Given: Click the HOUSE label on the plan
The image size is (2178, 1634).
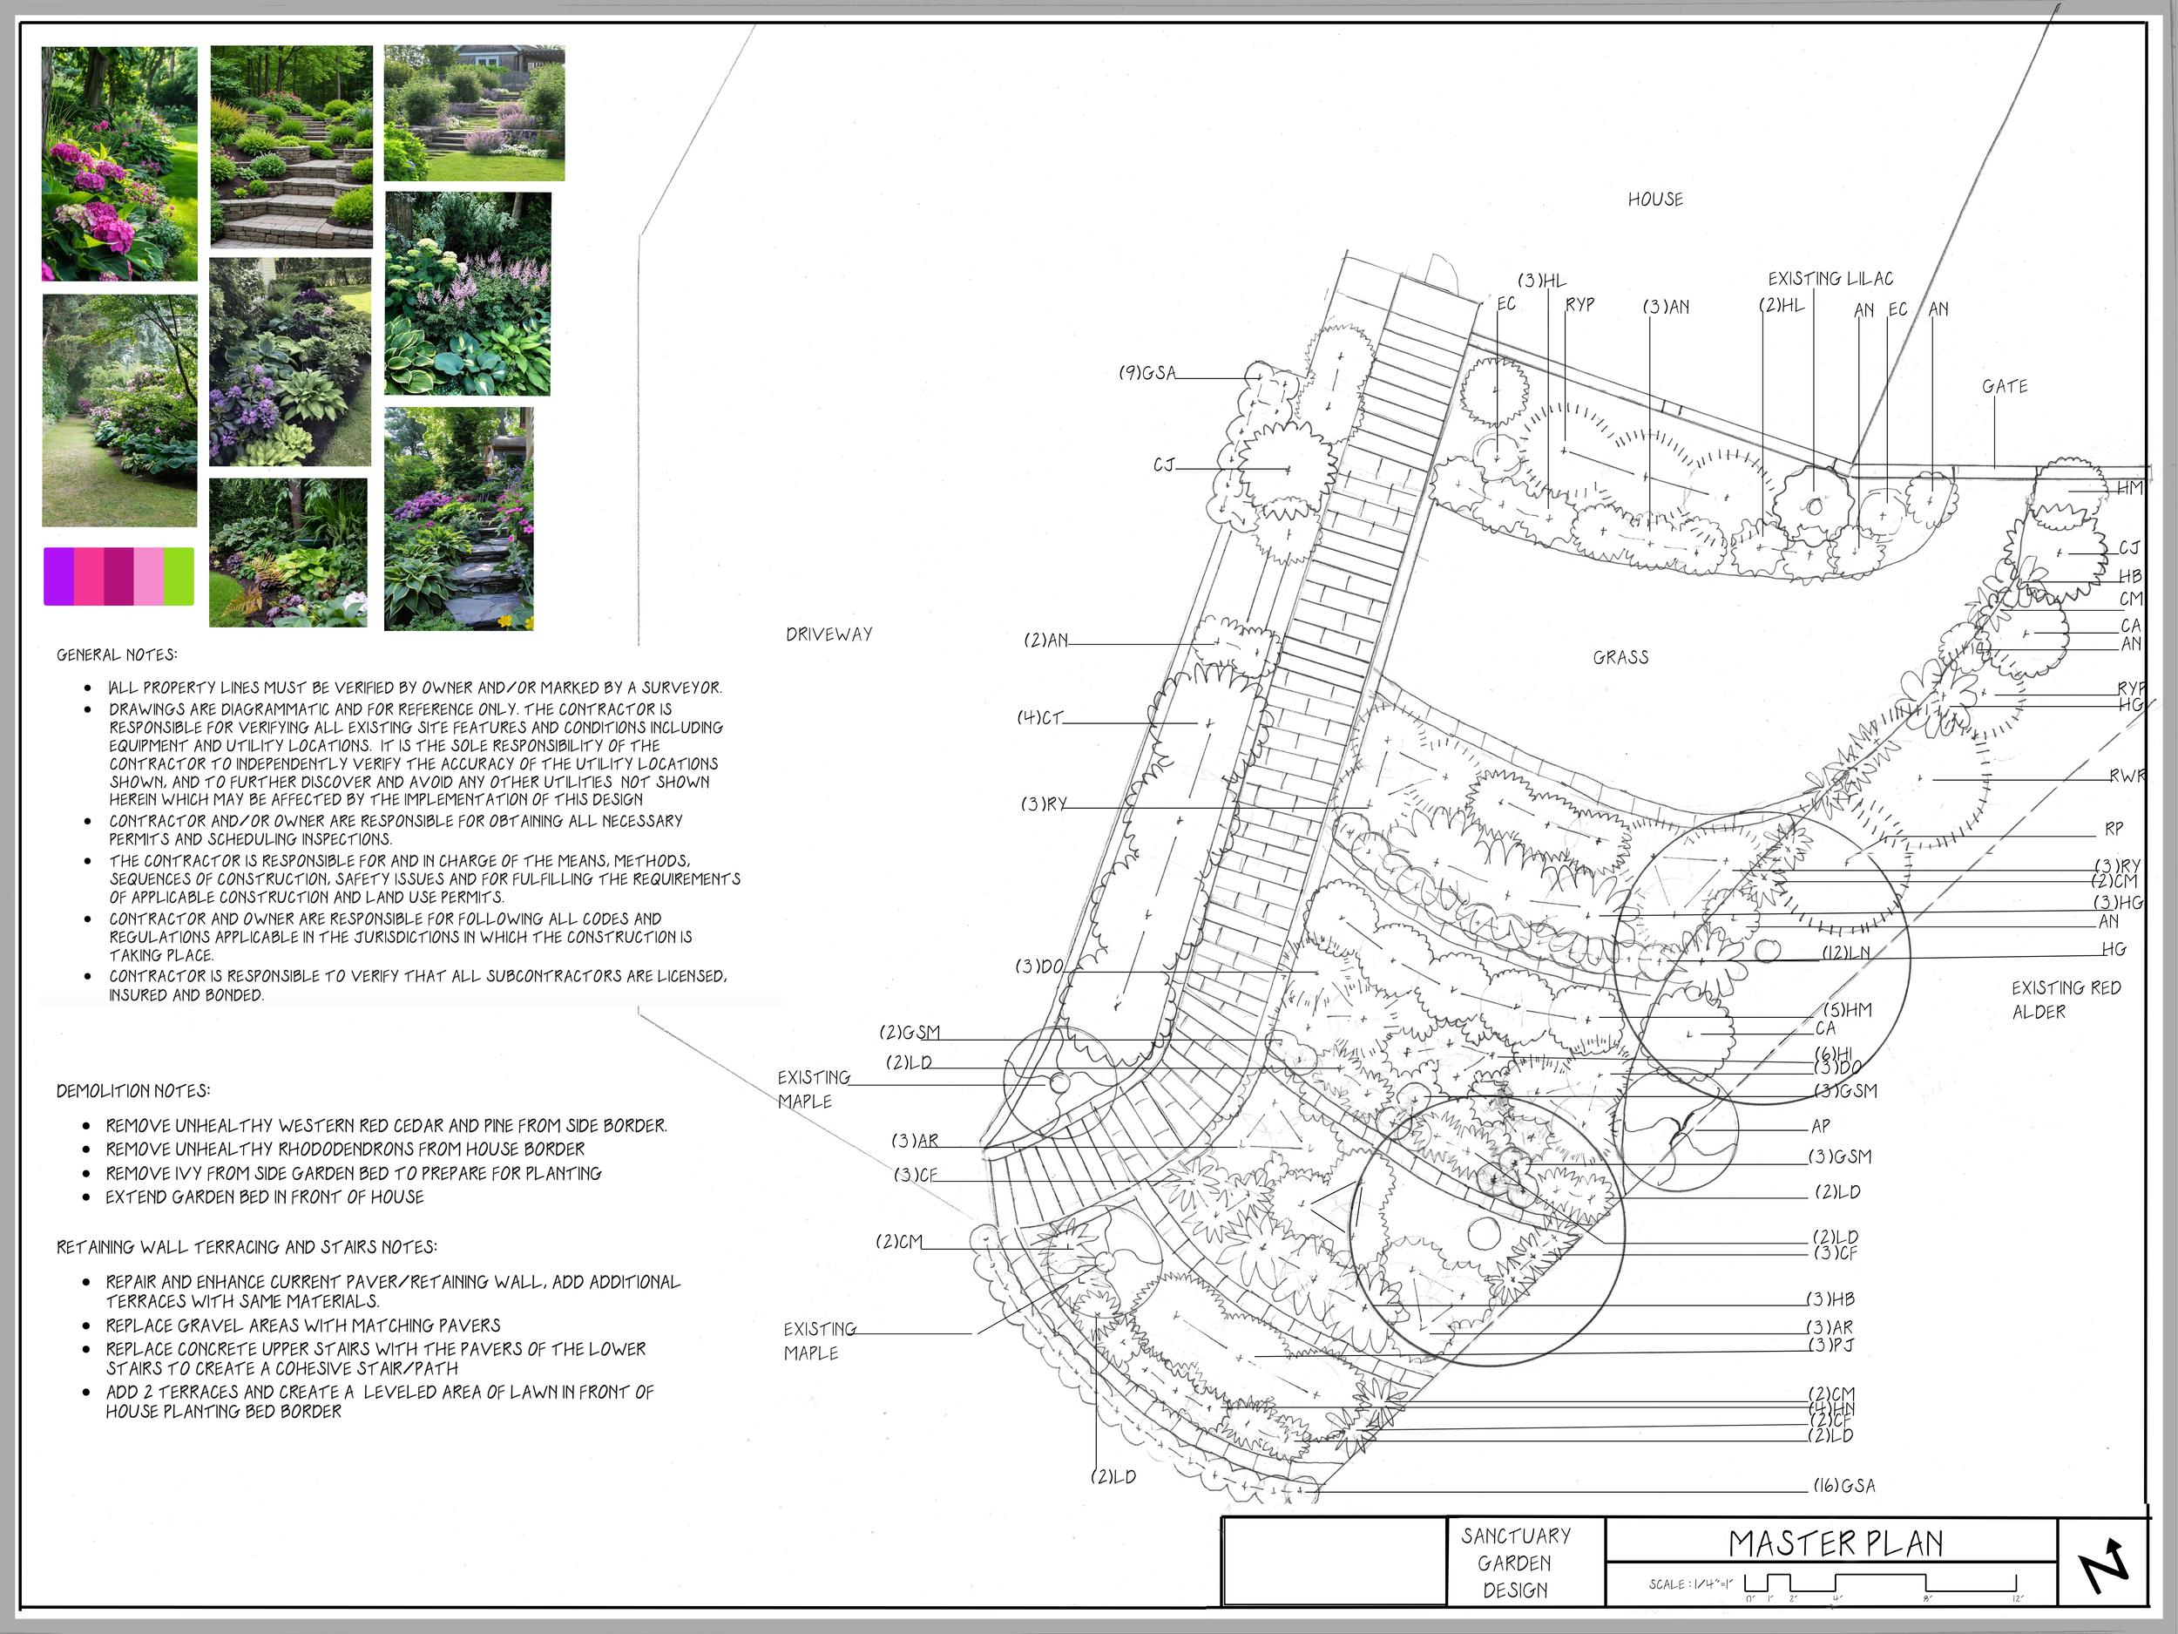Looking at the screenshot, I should pyautogui.click(x=1655, y=200).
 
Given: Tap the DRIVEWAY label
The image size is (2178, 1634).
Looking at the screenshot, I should pyautogui.click(x=829, y=634).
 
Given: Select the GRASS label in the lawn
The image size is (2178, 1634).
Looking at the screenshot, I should pyautogui.click(x=1620, y=657).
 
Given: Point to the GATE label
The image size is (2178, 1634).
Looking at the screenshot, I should pyautogui.click(x=2005, y=387).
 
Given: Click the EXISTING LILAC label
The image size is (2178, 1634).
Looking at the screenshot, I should pyautogui.click(x=1830, y=279).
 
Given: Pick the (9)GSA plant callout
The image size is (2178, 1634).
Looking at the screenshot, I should pyautogui.click(x=1147, y=373).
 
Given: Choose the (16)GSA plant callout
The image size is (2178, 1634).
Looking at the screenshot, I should pyautogui.click(x=1844, y=1486).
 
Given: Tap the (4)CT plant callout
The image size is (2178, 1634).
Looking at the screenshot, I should pyautogui.click(x=1039, y=718).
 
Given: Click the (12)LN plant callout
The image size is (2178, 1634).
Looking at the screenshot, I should pyautogui.click(x=1846, y=953).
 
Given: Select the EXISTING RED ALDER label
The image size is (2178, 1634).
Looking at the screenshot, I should pyautogui.click(x=2066, y=999).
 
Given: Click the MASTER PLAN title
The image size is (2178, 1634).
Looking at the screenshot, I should pyautogui.click(x=1836, y=1543).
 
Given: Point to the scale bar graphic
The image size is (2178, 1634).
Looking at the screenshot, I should pyautogui.click(x=1881, y=1584).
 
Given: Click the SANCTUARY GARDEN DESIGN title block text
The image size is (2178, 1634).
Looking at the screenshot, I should pyautogui.click(x=1515, y=1563).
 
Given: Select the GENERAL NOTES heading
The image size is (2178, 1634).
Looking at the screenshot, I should pyautogui.click(x=117, y=655).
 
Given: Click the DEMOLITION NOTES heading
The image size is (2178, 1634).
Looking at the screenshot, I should pyautogui.click(x=133, y=1091).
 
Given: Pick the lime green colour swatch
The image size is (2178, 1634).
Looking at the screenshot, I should pyautogui.click(x=179, y=576).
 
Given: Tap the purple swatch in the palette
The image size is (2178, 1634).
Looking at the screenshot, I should pyautogui.click(x=59, y=576).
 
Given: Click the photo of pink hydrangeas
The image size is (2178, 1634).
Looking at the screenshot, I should pyautogui.click(x=119, y=165).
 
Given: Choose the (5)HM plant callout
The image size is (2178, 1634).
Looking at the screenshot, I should pyautogui.click(x=1847, y=1009).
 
